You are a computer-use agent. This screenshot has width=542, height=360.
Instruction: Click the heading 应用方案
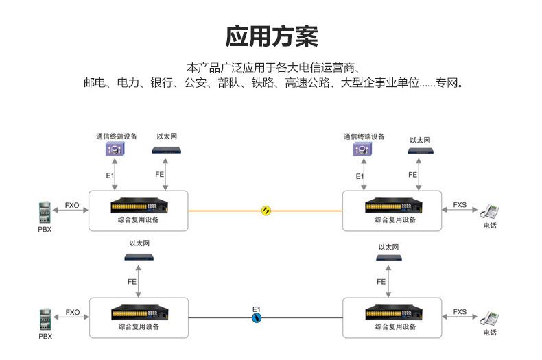[272, 36]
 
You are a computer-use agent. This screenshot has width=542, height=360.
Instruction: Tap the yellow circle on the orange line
[266, 211]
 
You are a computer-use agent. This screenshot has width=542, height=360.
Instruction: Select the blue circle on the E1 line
[257, 318]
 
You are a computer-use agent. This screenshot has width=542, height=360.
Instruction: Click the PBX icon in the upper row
[45, 212]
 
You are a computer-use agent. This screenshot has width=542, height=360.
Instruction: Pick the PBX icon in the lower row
[45, 320]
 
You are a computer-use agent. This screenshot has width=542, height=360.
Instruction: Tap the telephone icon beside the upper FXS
[489, 211]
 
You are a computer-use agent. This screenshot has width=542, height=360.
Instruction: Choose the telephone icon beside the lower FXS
[489, 318]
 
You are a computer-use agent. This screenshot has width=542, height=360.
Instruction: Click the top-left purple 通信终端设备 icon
[115, 149]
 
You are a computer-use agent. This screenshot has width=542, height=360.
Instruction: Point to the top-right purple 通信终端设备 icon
[362, 149]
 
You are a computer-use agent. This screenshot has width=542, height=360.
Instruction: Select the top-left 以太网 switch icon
[166, 150]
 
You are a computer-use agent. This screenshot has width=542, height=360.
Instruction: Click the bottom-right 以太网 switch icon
[389, 257]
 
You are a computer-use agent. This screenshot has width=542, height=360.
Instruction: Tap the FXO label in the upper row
[72, 205]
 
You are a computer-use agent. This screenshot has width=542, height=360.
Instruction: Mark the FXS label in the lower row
[460, 311]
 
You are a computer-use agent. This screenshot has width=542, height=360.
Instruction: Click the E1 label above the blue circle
[257, 309]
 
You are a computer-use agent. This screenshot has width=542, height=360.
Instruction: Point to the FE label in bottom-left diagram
[132, 282]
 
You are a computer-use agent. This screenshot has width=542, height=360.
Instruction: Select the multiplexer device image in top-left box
[139, 205]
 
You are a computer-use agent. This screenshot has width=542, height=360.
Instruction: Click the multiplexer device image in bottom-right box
[394, 312]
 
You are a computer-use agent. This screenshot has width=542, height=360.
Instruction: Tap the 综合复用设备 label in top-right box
[395, 219]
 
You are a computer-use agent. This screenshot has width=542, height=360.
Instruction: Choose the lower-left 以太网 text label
[139, 243]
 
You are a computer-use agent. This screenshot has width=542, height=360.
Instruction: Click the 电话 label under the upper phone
[490, 226]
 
